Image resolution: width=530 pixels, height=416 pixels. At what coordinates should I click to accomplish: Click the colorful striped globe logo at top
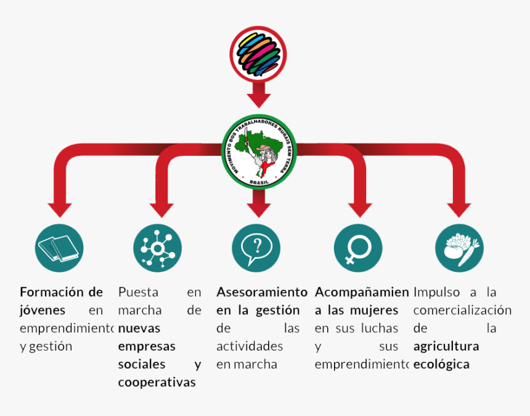click(258, 55)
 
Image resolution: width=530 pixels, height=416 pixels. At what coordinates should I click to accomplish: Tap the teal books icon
click(59, 248)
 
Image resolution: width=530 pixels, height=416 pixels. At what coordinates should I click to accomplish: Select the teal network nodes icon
click(157, 248)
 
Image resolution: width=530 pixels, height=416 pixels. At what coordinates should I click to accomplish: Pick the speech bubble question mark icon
click(256, 248)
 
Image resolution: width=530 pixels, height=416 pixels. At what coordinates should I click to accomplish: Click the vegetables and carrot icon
click(459, 248)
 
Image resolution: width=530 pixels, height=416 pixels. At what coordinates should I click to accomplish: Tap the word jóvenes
click(43, 310)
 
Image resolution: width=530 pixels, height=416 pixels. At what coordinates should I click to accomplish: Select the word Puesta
click(138, 292)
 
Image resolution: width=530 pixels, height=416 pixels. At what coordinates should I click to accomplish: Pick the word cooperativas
click(157, 382)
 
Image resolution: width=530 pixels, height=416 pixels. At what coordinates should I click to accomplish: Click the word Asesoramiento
click(261, 292)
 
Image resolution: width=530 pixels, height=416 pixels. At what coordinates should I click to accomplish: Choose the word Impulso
click(436, 292)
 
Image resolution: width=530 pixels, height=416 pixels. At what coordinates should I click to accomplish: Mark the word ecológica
click(441, 364)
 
